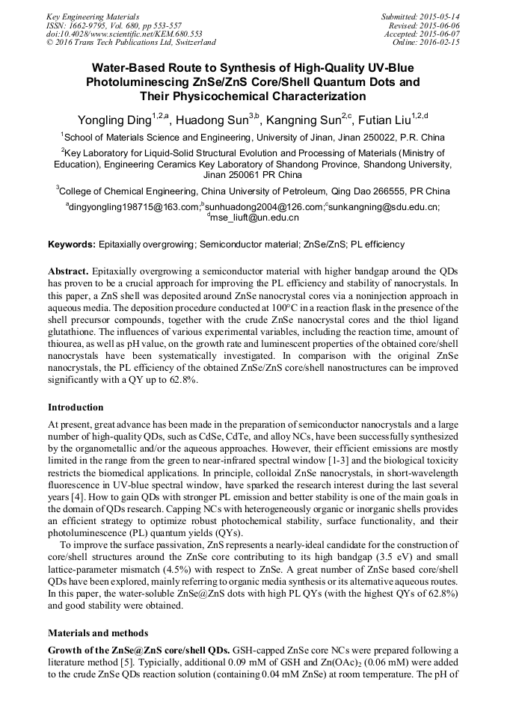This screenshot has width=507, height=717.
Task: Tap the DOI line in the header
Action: (124, 34)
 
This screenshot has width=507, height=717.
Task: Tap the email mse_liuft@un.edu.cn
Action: (254, 218)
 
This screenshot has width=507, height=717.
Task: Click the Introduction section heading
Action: (76, 407)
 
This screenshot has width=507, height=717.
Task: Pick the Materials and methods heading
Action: (98, 633)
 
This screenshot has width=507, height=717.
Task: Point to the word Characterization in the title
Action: (303, 96)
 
